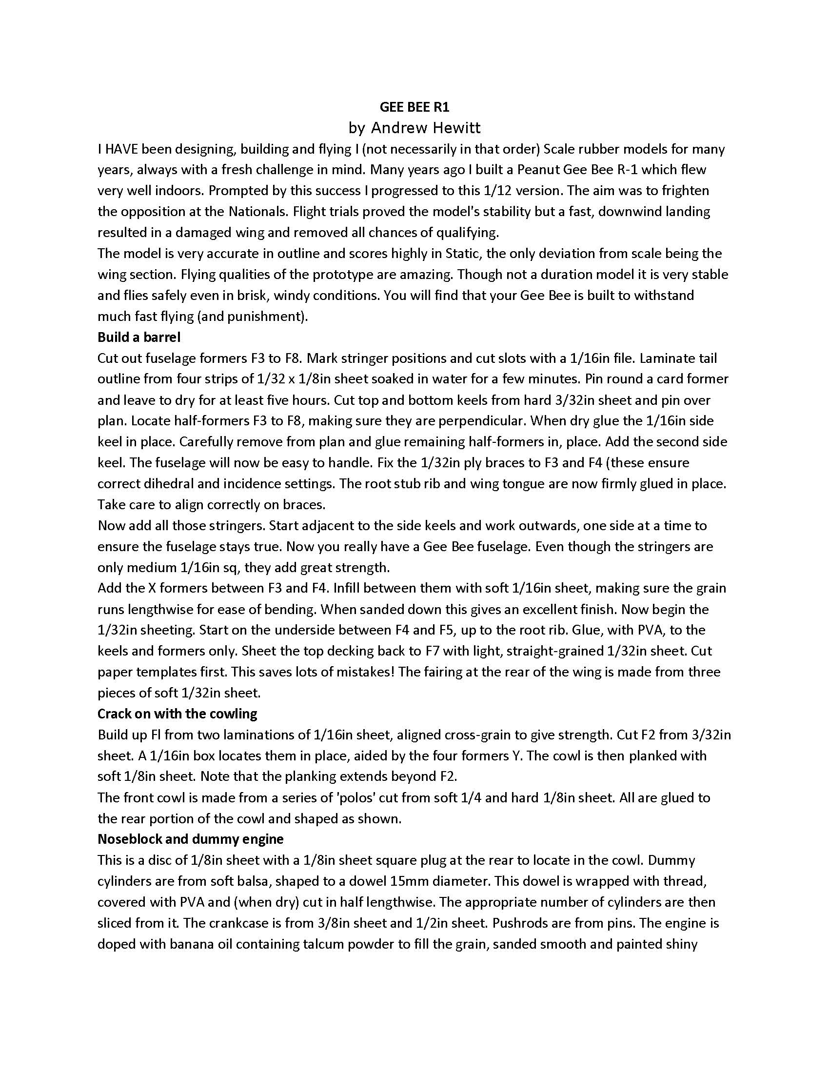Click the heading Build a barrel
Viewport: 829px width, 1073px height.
click(x=139, y=337)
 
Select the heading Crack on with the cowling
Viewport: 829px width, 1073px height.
click(x=178, y=714)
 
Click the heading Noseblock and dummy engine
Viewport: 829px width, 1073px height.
click(x=191, y=839)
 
